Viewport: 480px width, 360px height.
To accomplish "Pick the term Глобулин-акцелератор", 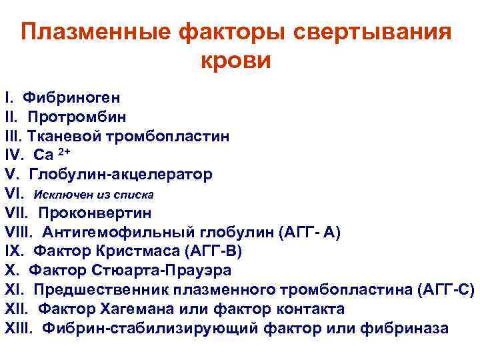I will (x=121, y=175).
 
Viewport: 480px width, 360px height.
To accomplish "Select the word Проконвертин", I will (x=95, y=213).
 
